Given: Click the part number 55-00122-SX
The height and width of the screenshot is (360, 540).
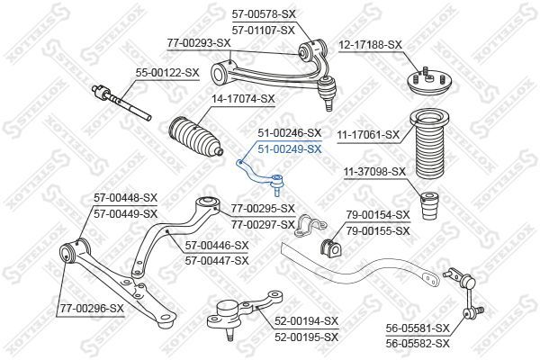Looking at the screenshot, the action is click(167, 73).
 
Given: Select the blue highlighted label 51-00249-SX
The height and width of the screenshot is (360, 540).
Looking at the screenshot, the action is click(290, 149).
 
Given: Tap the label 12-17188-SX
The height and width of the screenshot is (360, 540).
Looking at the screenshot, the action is click(370, 45).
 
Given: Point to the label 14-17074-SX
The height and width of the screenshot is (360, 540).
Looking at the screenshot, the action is click(243, 99).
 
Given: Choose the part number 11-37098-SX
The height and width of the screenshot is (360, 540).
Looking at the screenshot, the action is click(374, 172).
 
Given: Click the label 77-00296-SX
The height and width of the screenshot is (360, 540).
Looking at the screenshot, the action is click(92, 309).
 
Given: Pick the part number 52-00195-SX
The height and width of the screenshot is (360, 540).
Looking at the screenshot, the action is click(307, 337).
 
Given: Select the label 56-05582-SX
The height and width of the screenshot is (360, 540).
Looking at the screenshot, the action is click(418, 343).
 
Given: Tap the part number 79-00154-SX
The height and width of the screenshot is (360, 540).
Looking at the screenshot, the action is click(378, 215).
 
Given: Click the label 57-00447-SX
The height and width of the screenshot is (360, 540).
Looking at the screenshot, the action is click(217, 261).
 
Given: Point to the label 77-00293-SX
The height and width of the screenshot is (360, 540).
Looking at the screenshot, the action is click(199, 43).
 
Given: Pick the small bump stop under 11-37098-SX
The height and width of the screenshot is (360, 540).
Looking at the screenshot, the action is click(430, 206).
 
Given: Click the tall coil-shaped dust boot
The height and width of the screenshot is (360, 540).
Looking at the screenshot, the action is click(431, 145).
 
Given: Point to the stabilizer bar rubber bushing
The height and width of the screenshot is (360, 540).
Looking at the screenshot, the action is click(330, 247).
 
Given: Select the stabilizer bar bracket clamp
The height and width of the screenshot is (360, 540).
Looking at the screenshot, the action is click(310, 226).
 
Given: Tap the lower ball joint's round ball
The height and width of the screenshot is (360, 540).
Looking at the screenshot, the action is click(226, 307).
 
